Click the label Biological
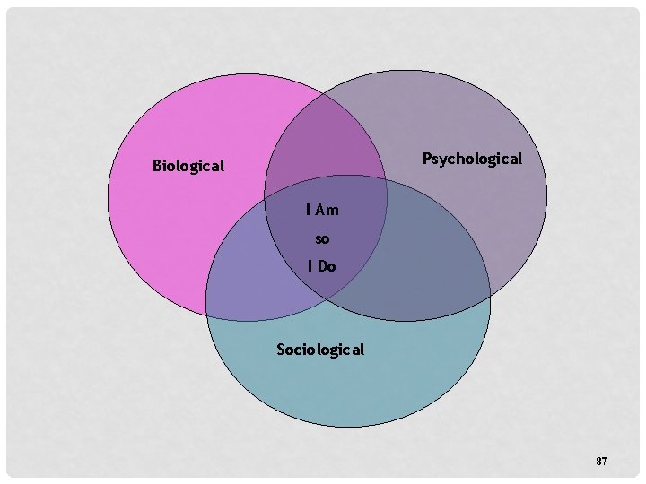pyautogui.click(x=188, y=166)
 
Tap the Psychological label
pyautogui.click(x=472, y=159)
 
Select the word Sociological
pyautogui.click(x=320, y=349)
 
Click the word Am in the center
pyautogui.click(x=327, y=211)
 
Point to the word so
pyautogui.click(x=322, y=239)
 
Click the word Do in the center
pyautogui.click(x=327, y=266)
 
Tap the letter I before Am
pyautogui.click(x=308, y=211)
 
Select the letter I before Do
pyautogui.click(x=310, y=266)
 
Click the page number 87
pyautogui.click(x=601, y=461)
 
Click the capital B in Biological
pyautogui.click(x=158, y=166)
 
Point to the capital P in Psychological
pyautogui.click(x=427, y=159)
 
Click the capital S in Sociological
pyautogui.click(x=282, y=349)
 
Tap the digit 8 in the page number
pyautogui.click(x=598, y=461)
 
